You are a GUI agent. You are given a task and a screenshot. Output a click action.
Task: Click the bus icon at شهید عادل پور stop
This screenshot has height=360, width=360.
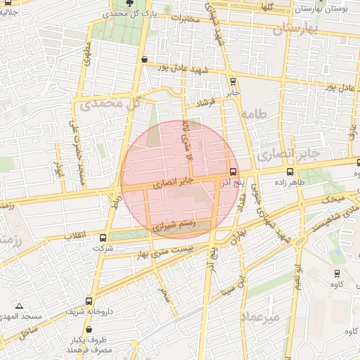click(x=144, y=60)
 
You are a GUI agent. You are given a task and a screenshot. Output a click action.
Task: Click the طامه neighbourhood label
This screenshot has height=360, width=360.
click(x=255, y=112)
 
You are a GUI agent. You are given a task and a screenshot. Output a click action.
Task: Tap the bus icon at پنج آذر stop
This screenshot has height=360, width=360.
click(x=233, y=172)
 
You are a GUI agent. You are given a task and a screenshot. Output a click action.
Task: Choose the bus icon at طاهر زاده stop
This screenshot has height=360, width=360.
click(x=290, y=172)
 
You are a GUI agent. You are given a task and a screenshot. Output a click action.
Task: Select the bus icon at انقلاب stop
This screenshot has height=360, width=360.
click(x=104, y=238)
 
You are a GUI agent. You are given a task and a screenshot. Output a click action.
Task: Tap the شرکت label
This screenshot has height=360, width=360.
click(x=103, y=249)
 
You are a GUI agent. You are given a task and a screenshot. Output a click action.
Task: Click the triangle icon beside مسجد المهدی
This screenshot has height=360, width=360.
click(x=18, y=307)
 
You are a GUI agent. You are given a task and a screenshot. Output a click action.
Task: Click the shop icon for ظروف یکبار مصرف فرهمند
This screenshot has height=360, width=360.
click(x=89, y=328)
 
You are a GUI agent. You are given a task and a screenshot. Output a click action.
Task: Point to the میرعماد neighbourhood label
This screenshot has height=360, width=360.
click(x=259, y=316)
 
